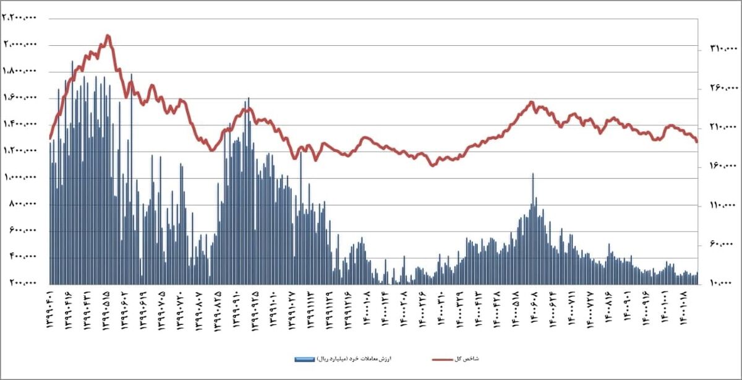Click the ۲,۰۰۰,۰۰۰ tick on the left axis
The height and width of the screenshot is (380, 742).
click(20, 45)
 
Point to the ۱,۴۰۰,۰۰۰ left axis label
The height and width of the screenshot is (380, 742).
click(20, 124)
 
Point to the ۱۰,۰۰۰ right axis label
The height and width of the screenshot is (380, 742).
click(719, 283)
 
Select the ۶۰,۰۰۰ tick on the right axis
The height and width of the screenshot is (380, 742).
click(719, 244)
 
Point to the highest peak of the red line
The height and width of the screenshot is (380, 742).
click(108, 36)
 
